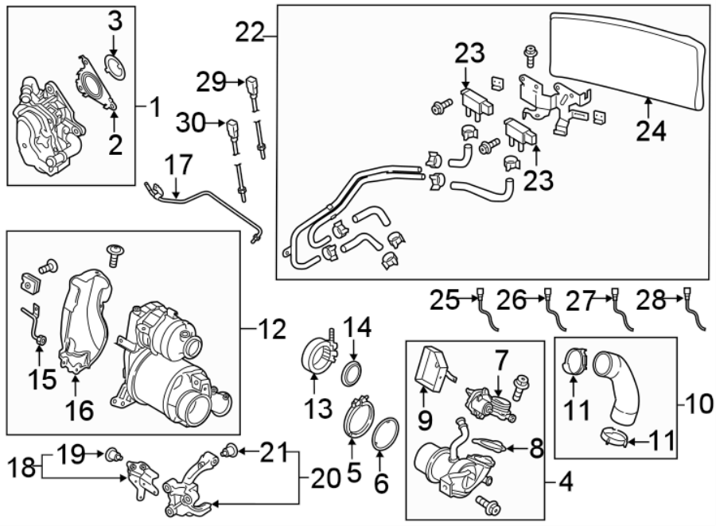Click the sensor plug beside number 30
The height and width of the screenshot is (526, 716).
pyautogui.click(x=234, y=129)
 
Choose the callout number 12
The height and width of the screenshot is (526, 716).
pyautogui.click(x=272, y=327)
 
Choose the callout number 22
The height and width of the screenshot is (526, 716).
pyautogui.click(x=250, y=33)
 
